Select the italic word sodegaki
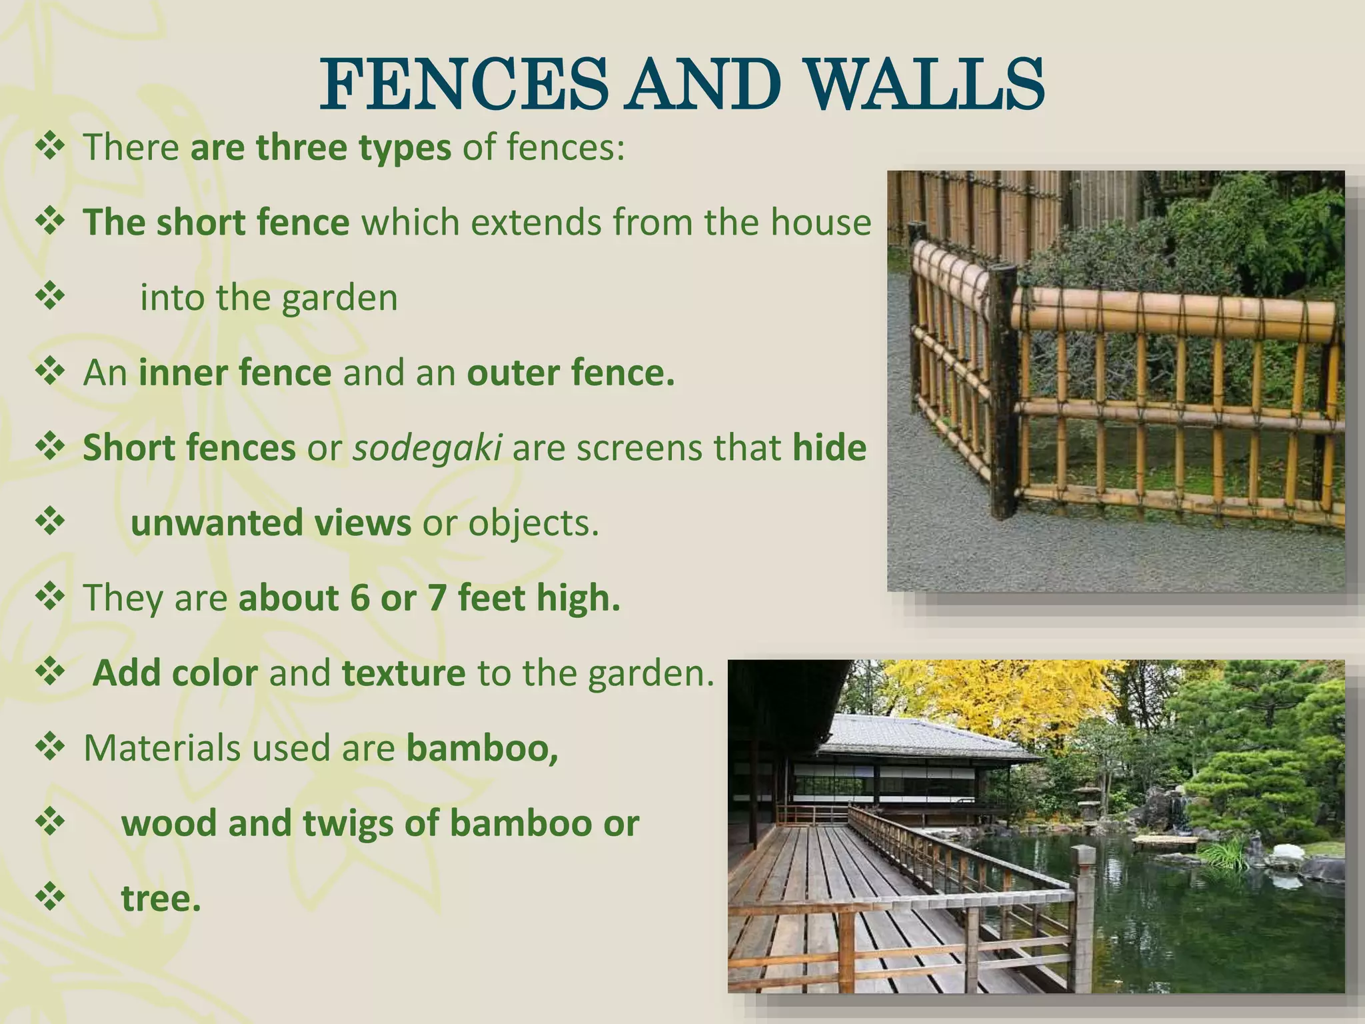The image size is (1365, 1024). [427, 448]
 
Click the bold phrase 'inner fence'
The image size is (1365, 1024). [235, 373]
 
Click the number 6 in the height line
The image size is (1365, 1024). [359, 598]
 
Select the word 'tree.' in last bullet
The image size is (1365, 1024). [161, 899]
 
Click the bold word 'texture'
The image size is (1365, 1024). [403, 673]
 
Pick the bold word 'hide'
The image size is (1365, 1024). [829, 448]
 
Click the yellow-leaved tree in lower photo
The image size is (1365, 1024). [1000, 700]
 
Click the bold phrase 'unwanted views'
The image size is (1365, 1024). [271, 523]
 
